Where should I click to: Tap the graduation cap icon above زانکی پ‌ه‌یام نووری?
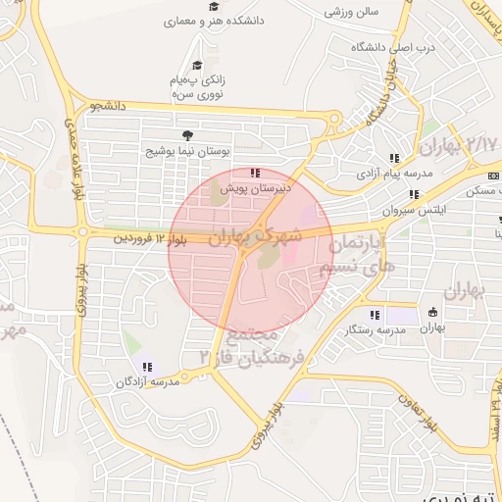click(197, 66)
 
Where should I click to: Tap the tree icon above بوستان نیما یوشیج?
click(183, 136)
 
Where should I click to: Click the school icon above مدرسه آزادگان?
click(148, 366)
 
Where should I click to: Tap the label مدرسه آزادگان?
click(147, 381)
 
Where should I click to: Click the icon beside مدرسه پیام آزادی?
click(394, 157)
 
